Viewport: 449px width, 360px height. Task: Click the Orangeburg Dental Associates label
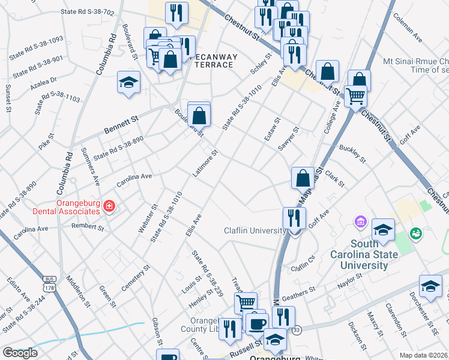tap(78, 207)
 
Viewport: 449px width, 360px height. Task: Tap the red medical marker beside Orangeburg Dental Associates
tap(109, 208)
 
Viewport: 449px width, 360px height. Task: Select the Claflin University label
tap(255, 230)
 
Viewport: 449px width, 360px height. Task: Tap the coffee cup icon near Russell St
tap(257, 324)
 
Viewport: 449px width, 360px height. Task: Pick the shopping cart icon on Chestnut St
tap(356, 95)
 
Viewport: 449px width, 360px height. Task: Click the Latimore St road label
tap(205, 163)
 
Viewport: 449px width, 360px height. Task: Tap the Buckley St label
tap(352, 154)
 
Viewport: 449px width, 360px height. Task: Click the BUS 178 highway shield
tap(49, 281)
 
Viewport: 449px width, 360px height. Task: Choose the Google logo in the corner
tap(20, 353)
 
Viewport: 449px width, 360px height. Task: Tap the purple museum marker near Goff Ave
tap(360, 223)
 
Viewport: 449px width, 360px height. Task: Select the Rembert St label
tap(88, 227)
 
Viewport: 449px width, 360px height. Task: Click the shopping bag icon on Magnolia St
tap(303, 178)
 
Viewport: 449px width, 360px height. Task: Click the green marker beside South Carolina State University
tap(415, 232)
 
